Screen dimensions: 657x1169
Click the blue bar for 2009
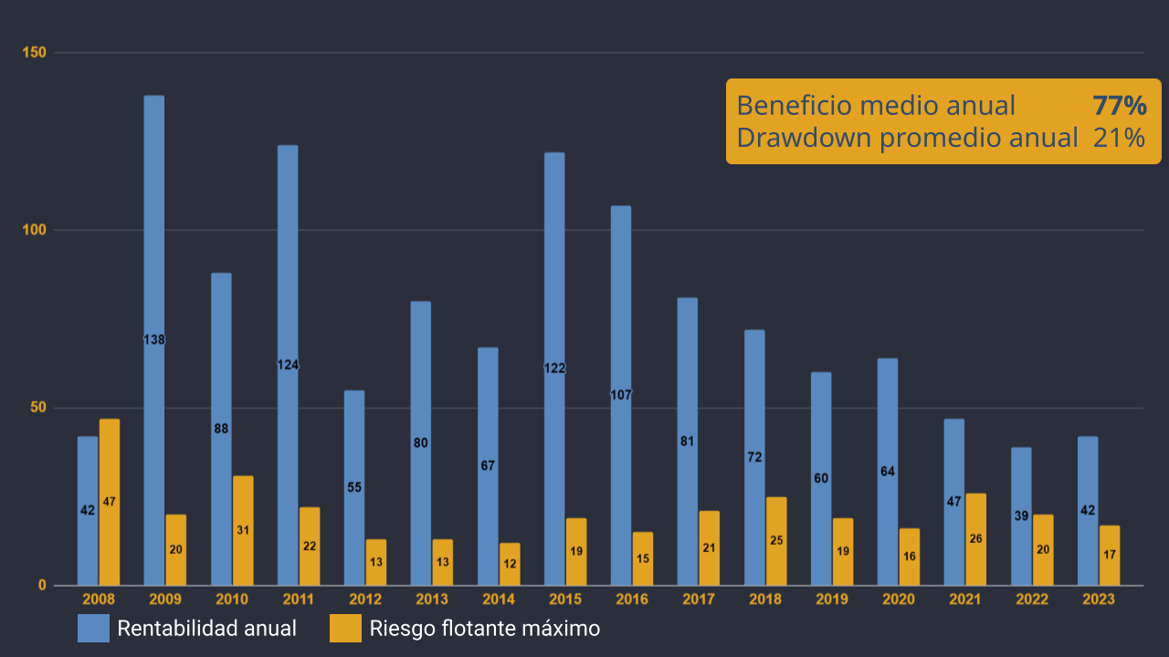click(154, 274)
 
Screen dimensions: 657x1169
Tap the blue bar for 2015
click(554, 274)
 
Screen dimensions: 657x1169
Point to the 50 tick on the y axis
click(38, 408)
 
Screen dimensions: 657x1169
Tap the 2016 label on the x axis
click(632, 600)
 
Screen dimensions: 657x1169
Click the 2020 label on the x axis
click(899, 600)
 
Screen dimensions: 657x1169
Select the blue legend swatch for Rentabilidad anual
click(93, 629)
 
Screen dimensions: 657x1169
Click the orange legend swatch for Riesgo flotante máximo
click(345, 629)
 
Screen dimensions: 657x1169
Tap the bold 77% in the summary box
click(1119, 106)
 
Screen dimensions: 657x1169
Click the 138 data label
click(154, 340)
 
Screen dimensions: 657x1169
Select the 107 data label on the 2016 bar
click(621, 395)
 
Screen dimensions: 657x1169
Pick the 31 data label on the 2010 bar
click(243, 530)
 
